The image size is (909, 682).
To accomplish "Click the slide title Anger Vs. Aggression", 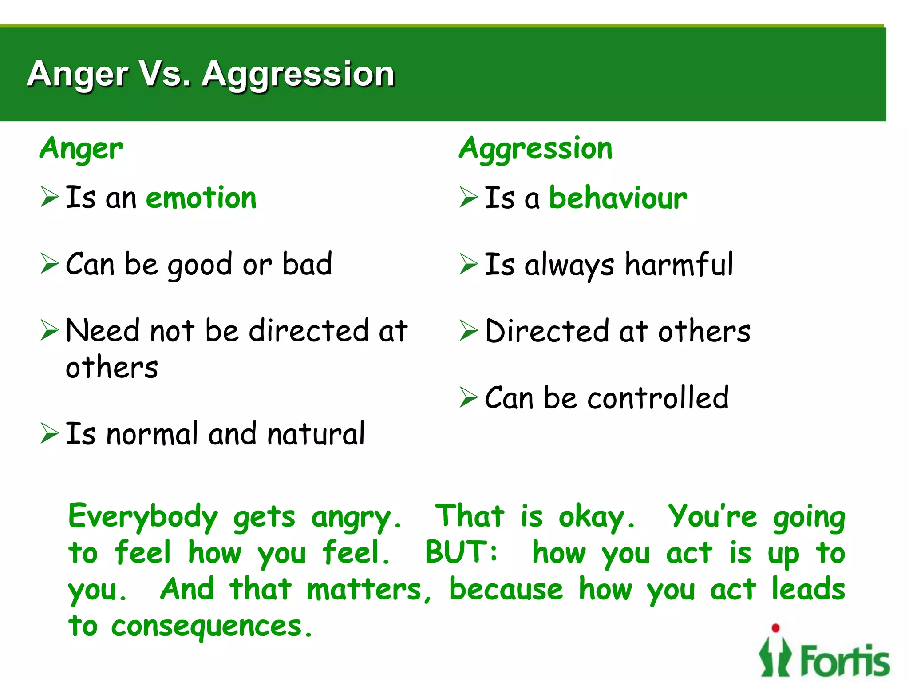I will [210, 74].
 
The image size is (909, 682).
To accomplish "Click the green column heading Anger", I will [81, 149].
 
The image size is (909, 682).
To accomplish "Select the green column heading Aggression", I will [536, 149].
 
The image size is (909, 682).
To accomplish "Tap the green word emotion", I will [201, 198].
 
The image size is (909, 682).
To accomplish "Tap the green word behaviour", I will [618, 198].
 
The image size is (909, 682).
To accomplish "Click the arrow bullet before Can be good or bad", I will [49, 264].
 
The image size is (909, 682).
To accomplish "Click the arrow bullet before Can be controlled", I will [469, 397].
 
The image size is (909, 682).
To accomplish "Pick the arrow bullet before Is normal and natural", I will [49, 433].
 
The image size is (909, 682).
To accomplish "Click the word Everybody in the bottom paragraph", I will [143, 517].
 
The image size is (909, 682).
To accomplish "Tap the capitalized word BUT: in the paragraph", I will [461, 553].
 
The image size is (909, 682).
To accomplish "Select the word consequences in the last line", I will [206, 627].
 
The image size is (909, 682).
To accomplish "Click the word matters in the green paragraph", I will [364, 590].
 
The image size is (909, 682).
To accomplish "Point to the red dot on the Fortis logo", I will [775, 627].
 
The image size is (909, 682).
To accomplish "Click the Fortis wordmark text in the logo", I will [845, 661].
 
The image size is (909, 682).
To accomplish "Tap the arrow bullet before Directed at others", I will [469, 330].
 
